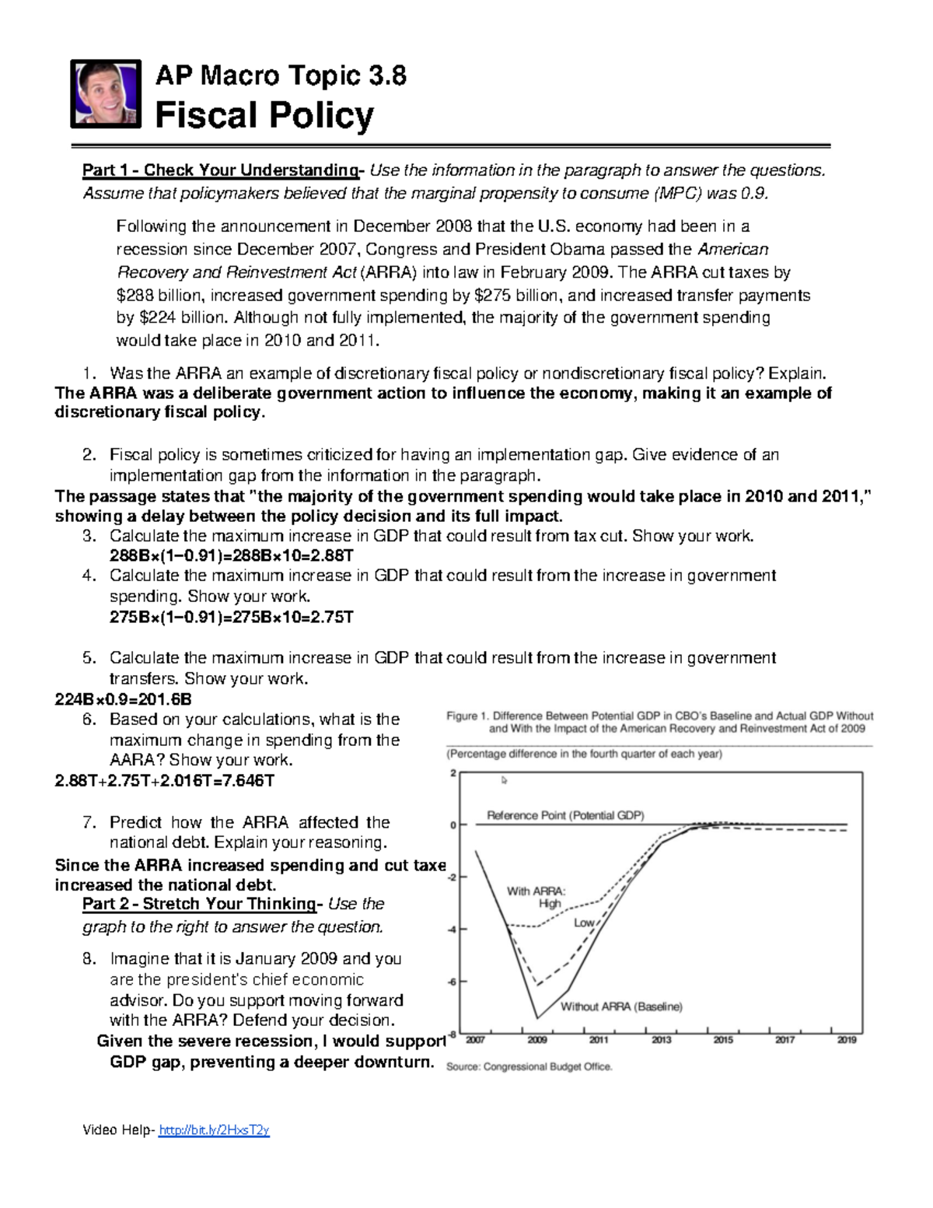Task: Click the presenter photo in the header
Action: coord(106,93)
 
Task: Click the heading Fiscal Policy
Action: coord(264,116)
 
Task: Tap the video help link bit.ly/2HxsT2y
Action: coord(214,1130)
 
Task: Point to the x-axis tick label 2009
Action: coord(537,1040)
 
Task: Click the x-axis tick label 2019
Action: coord(847,1040)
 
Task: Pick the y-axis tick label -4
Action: coord(452,930)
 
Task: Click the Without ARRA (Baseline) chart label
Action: coord(621,1007)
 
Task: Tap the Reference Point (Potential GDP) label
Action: coord(565,815)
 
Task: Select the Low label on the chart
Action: coord(584,923)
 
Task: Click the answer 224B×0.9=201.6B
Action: coord(123,699)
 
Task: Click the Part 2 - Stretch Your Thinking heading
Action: coord(200,904)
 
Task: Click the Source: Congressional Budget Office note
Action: coord(529,1066)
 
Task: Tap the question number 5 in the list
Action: coord(89,658)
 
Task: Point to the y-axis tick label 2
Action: coord(453,773)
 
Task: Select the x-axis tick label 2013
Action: coord(661,1040)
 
